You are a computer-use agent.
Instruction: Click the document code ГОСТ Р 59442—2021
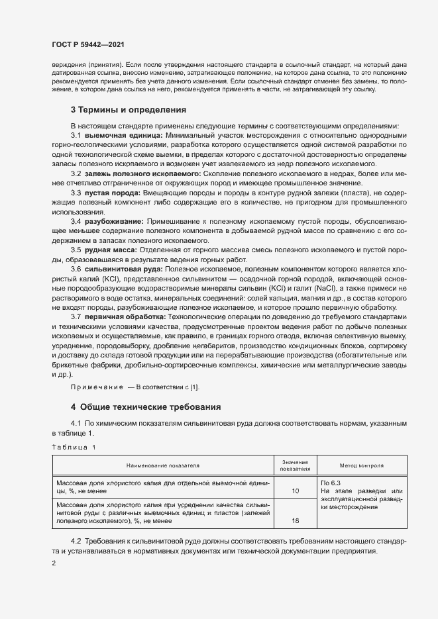coord(88,44)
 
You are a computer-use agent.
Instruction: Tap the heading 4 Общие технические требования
coord(146,406)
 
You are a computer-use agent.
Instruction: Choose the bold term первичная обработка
coord(121,318)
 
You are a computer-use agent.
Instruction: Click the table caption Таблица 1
coord(74,448)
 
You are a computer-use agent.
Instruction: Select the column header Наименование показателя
coord(163,465)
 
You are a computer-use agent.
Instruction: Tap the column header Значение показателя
coord(296,465)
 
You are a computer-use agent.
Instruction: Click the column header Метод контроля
coord(361,465)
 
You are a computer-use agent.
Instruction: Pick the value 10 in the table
coord(296,491)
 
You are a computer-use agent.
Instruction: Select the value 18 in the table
coord(296,520)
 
